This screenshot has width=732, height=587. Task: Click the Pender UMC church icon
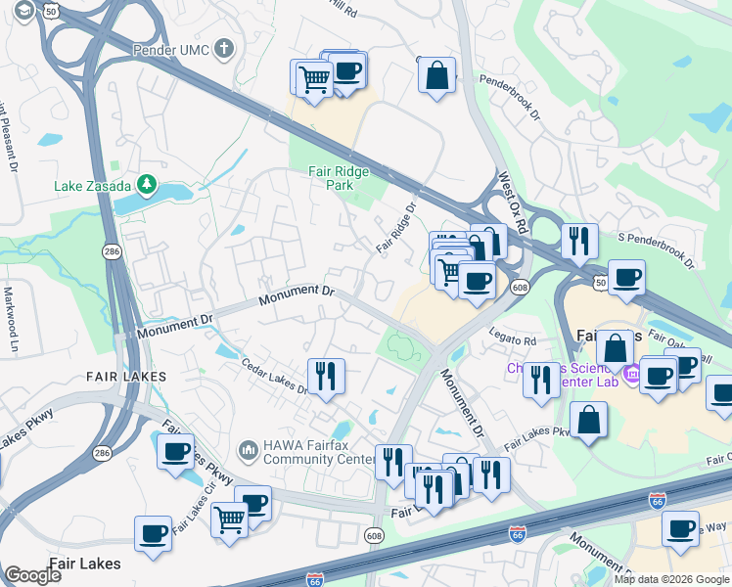click(x=224, y=47)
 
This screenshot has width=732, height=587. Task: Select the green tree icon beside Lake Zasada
click(x=146, y=183)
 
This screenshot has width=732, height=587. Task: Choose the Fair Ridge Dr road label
click(x=397, y=227)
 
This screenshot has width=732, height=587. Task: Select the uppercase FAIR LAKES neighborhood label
click(x=126, y=376)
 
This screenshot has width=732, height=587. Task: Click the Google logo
click(x=32, y=575)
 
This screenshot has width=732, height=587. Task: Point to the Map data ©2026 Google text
click(x=671, y=579)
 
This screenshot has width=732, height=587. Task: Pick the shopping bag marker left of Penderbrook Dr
click(x=436, y=74)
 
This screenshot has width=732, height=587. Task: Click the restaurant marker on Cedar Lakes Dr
click(x=326, y=375)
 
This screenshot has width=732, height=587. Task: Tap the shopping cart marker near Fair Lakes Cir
click(x=229, y=519)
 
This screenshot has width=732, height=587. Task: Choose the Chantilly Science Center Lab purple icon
click(x=629, y=373)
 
